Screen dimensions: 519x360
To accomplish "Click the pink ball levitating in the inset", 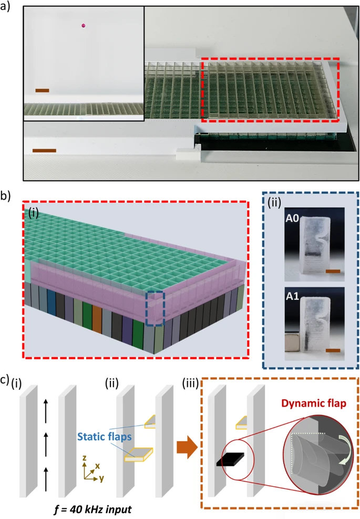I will click(83, 25).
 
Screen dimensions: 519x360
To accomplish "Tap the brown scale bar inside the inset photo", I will click(42, 90).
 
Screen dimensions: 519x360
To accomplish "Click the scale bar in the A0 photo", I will click(333, 272).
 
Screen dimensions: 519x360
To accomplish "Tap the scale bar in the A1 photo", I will click(333, 350).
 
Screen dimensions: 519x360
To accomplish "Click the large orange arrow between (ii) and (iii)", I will click(187, 447).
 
